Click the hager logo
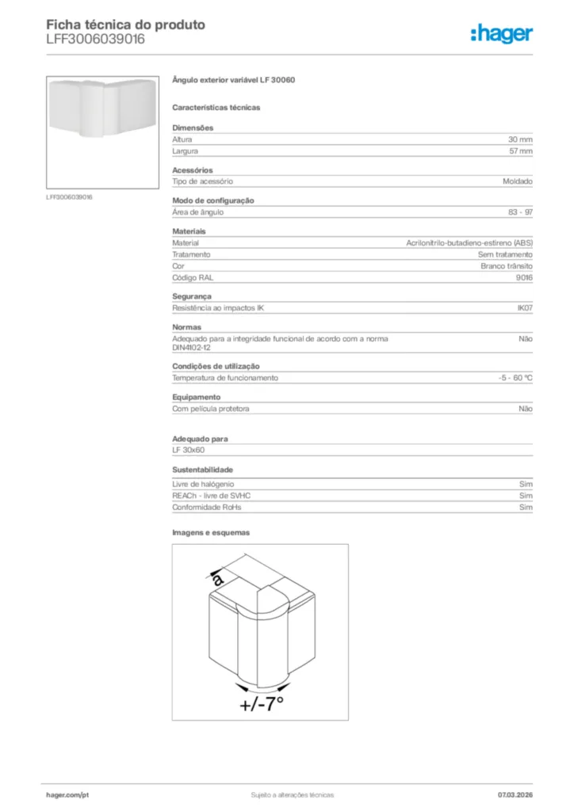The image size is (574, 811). click(501, 33)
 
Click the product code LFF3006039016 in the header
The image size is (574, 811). click(95, 39)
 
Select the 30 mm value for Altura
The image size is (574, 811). click(520, 139)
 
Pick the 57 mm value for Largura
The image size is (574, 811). click(520, 150)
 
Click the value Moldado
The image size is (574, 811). click(518, 181)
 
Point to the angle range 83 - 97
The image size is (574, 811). click(520, 212)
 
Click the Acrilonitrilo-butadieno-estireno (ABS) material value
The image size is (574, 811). click(469, 243)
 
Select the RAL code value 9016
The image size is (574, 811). click(524, 278)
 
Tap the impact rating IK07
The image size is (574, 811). click(524, 308)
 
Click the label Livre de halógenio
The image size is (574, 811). click(203, 483)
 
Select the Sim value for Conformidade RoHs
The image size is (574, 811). click(526, 507)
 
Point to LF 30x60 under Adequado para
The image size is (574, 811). click(189, 450)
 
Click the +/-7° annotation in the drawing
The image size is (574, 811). click(261, 704)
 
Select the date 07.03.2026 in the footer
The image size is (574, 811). click(515, 794)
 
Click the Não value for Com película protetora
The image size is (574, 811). click(525, 409)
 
